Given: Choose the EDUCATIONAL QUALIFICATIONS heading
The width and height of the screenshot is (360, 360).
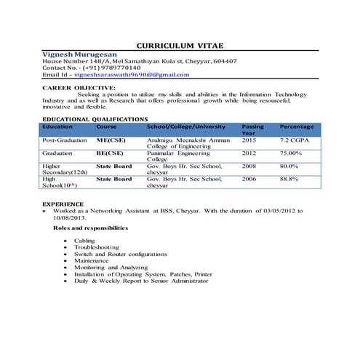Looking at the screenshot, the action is tap(95, 119).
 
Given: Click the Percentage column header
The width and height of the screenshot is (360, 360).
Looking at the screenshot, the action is tap(297, 127).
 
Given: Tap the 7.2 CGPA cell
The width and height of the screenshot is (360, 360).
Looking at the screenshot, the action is tap(295, 138).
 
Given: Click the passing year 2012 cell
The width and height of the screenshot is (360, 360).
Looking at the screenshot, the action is tap(249, 153).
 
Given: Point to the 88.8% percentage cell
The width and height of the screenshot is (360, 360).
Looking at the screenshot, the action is tap(289, 178).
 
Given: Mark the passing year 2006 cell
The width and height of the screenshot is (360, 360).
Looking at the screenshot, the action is tap(249, 178).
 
